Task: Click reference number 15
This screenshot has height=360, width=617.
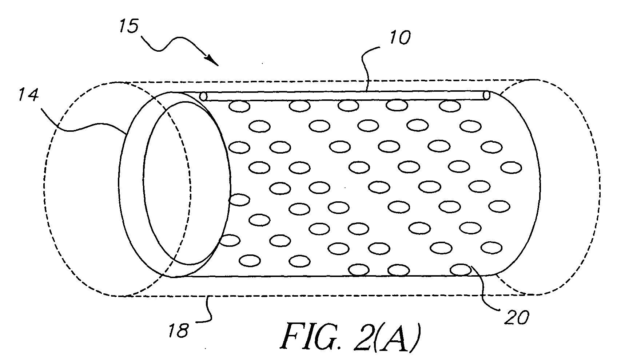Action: pos(129,27)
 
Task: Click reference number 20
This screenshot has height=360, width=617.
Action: pos(516,318)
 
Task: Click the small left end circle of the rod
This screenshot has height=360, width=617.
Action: pos(203,96)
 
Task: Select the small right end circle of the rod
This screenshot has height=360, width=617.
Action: pos(487,96)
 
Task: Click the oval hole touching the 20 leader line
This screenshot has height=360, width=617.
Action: pos(460,270)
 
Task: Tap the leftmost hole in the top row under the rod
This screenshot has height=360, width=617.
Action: pos(240,106)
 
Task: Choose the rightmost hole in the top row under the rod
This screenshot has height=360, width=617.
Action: pos(450,106)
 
